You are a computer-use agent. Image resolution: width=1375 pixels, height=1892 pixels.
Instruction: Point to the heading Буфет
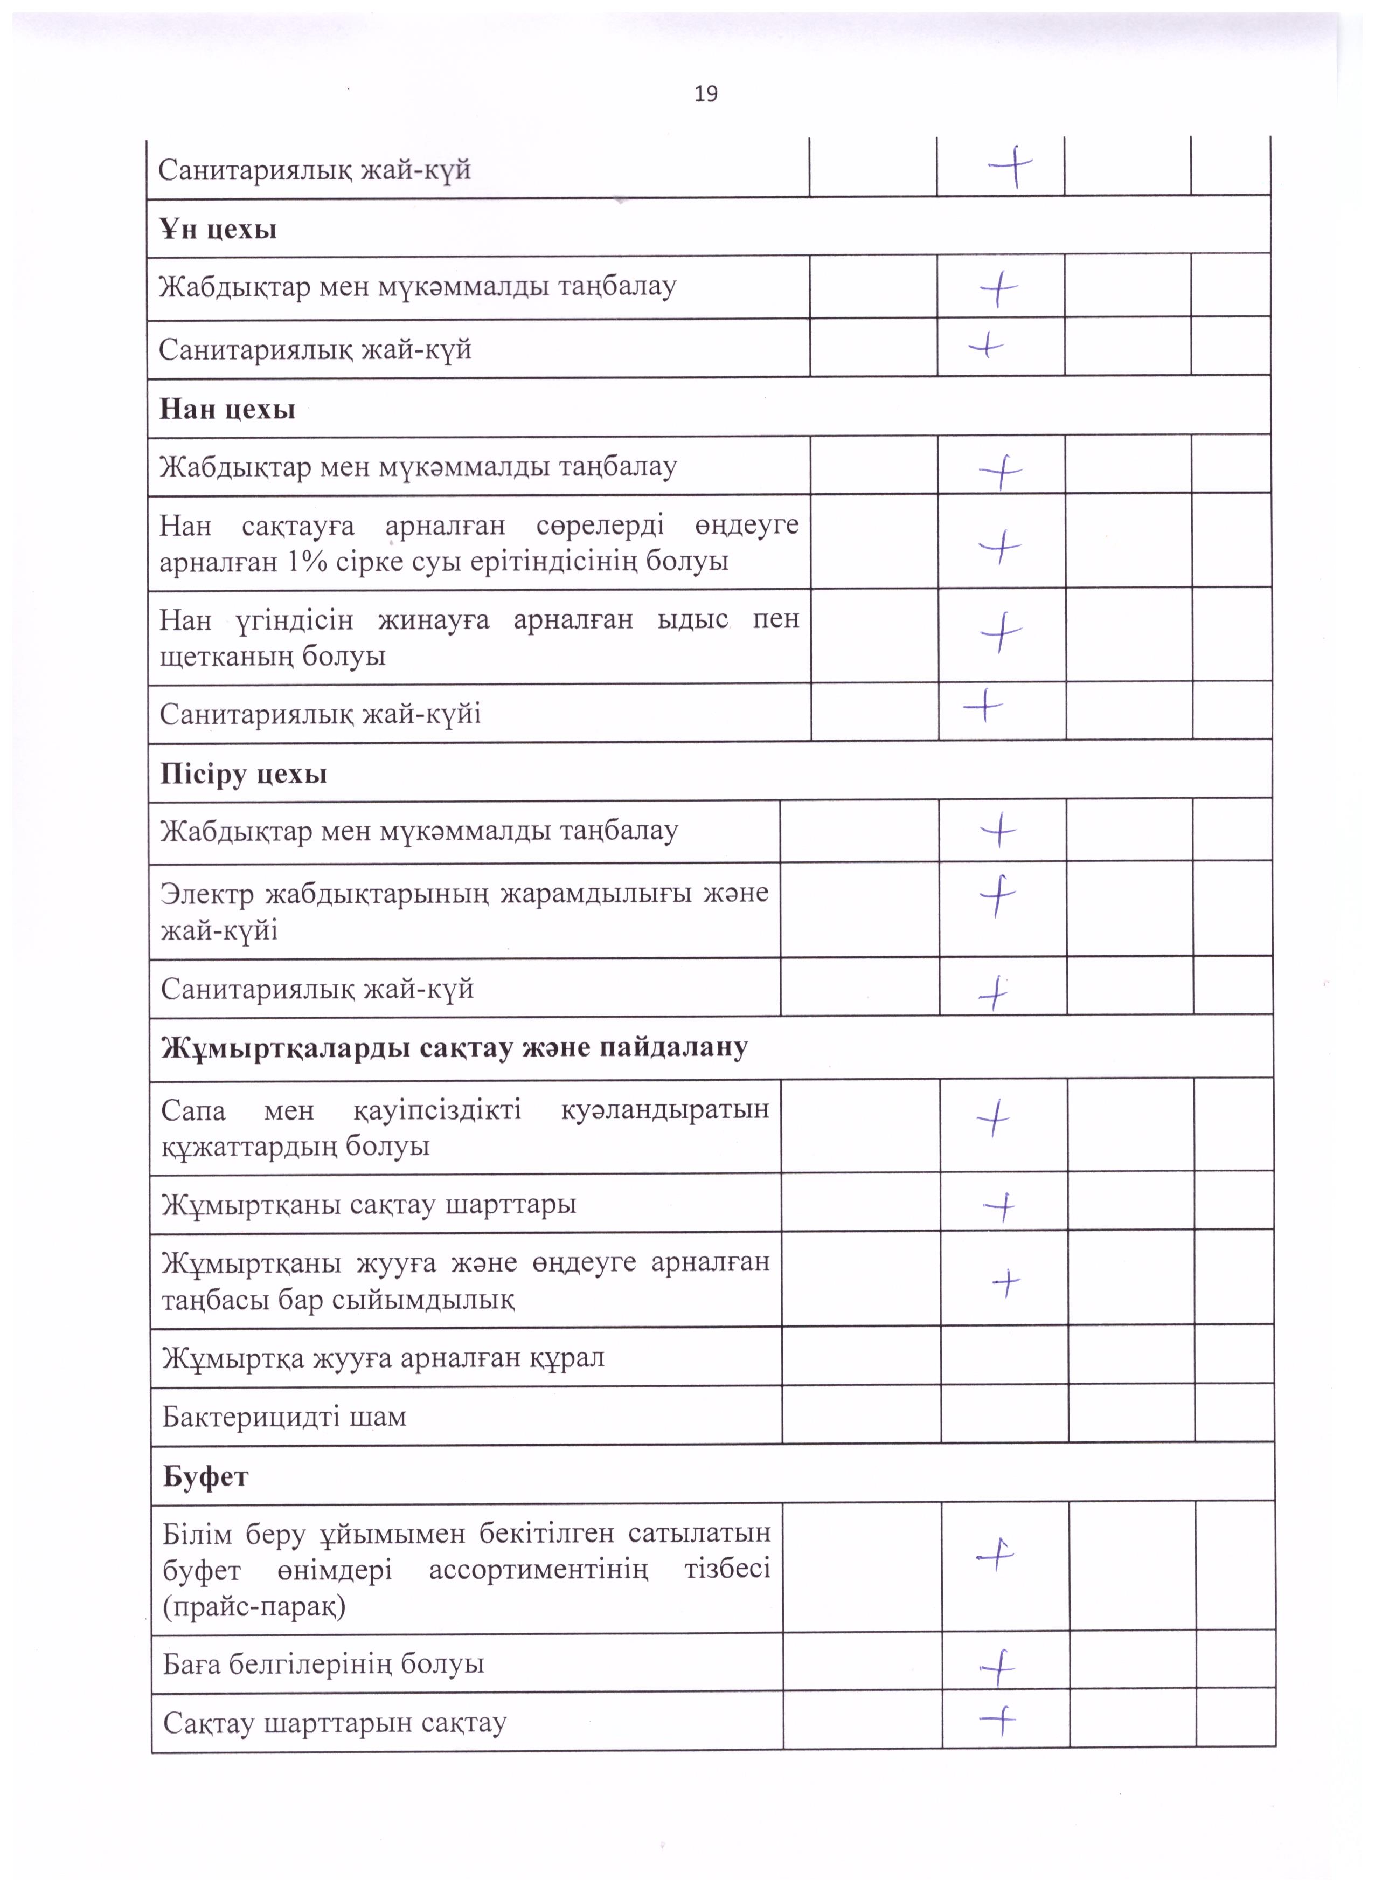click(x=205, y=1476)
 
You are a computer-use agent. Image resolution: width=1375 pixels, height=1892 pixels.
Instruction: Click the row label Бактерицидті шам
click(x=284, y=1417)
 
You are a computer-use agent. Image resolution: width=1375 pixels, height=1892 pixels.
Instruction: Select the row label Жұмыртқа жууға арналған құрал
click(x=383, y=1357)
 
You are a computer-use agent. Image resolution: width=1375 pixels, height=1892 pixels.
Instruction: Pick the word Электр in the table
click(x=207, y=894)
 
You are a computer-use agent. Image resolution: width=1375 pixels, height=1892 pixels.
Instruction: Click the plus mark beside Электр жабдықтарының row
click(x=997, y=896)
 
